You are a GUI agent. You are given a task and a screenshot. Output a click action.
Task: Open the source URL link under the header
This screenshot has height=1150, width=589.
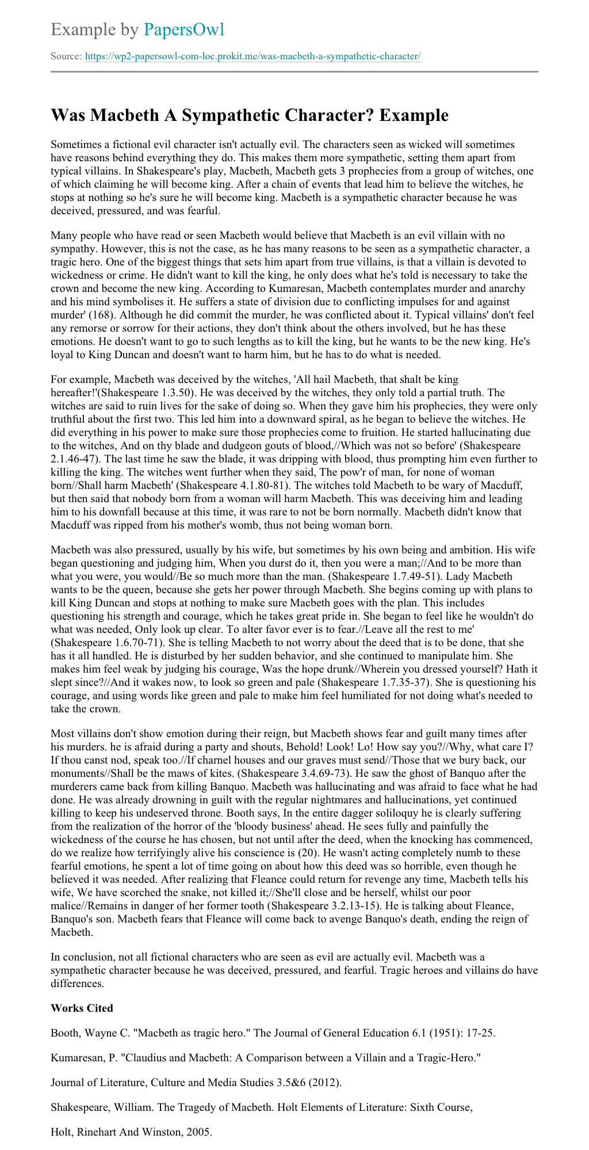(x=253, y=56)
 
